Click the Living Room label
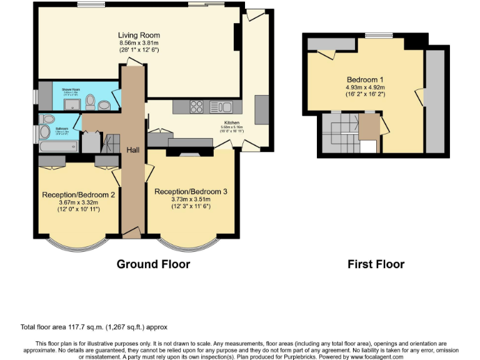(x=139, y=35)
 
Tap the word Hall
(x=133, y=150)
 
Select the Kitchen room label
(x=232, y=123)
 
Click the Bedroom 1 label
(x=365, y=80)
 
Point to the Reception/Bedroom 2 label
(x=78, y=194)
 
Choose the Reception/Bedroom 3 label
(x=191, y=191)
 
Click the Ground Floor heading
(x=153, y=264)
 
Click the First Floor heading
(x=376, y=264)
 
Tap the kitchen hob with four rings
(x=196, y=106)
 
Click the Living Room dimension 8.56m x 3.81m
(x=139, y=42)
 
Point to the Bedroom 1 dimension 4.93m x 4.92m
(x=365, y=88)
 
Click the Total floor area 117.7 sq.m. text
(x=94, y=327)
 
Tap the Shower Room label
(x=71, y=90)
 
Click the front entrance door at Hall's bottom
(x=132, y=234)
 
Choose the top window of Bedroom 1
(x=375, y=35)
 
